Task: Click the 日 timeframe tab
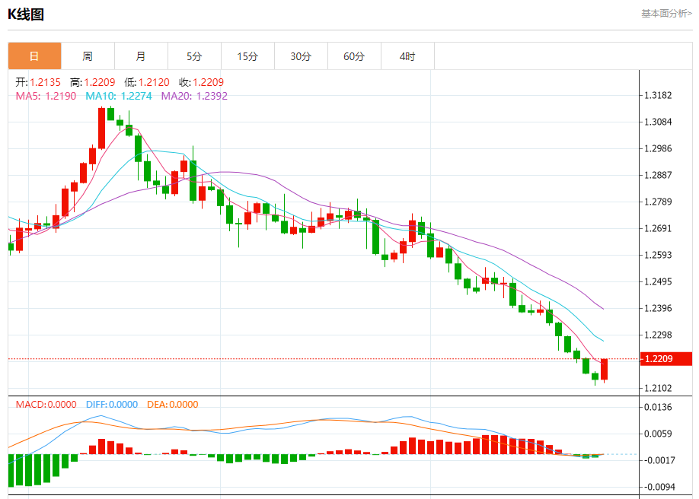(34, 56)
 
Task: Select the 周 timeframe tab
(88, 56)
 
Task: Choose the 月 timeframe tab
(141, 56)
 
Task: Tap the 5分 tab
(194, 56)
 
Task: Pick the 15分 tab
(247, 56)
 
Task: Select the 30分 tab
(301, 56)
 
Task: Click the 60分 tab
(354, 56)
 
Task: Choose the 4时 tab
(407, 56)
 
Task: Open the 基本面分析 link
(666, 13)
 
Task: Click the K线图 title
(26, 14)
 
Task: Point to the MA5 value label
(46, 96)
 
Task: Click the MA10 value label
(119, 96)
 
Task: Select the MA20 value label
(194, 96)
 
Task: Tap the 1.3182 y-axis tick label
(657, 95)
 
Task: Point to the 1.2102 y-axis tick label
(657, 388)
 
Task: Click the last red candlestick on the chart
(604, 369)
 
